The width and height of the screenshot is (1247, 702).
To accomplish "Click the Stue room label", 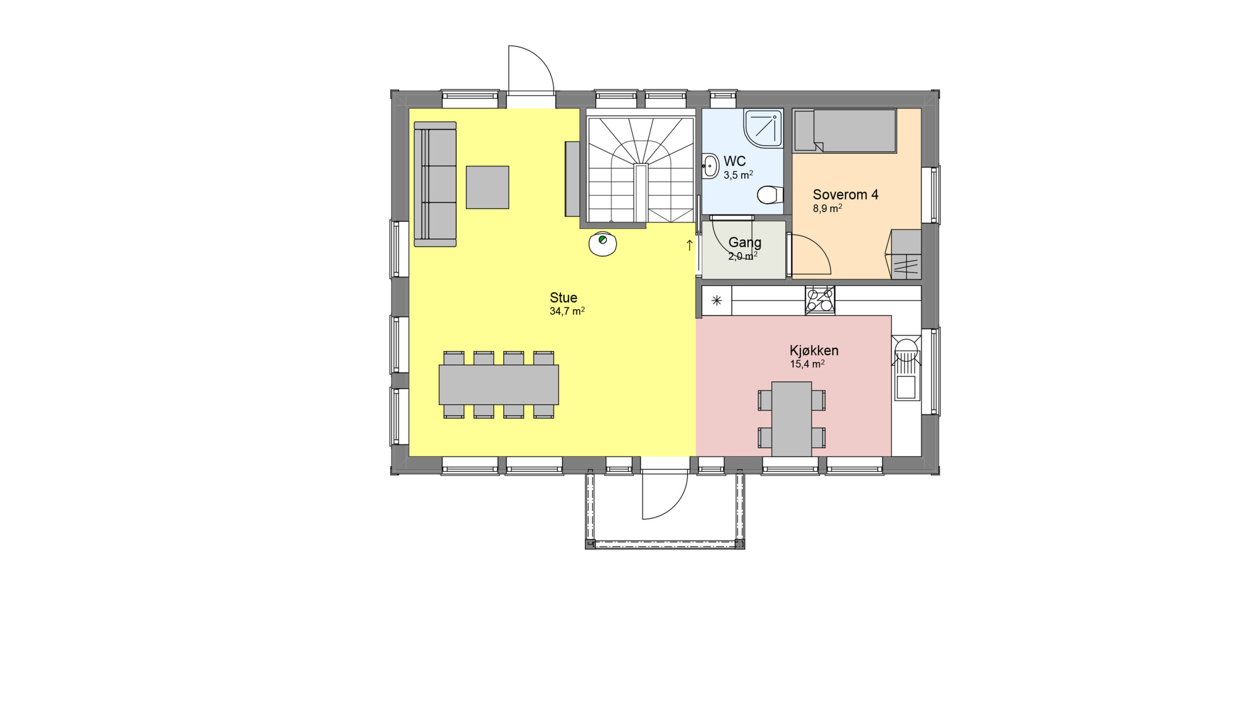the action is coord(563,297).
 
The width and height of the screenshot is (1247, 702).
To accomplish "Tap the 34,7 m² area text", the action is coord(567,311).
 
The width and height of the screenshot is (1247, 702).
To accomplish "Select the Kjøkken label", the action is coord(814,351).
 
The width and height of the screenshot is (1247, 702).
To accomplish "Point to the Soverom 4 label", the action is coord(846,195).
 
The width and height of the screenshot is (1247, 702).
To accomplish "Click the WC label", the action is coord(735,161).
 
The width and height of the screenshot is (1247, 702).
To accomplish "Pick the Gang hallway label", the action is coord(745,242).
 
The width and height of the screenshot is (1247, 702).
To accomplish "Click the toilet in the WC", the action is coord(770,195).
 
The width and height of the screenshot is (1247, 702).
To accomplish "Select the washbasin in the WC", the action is coord(710,166).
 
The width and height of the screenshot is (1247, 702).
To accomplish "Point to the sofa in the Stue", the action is coord(435,184).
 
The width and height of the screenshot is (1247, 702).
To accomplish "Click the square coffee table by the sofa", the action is coord(488,187).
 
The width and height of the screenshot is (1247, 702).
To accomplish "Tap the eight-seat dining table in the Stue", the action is coord(499,385).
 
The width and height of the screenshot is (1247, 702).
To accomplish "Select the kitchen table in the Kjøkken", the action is coord(792,419).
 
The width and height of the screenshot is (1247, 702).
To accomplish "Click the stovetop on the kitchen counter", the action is coord(820,300).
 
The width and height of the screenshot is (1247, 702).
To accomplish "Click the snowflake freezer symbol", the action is coord(717,301).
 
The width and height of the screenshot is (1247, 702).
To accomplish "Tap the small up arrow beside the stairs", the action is coord(689,245).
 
